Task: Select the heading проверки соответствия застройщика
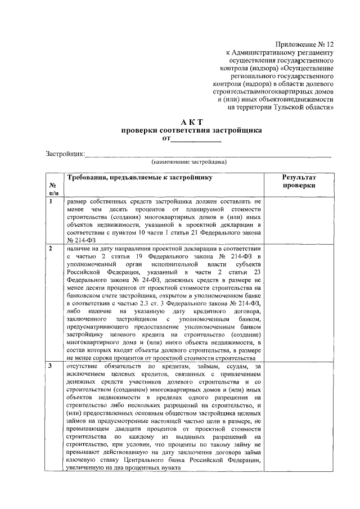pyautogui.click(x=192, y=130)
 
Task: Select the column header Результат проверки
pyautogui.click(x=299, y=181)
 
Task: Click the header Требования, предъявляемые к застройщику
pyautogui.click(x=139, y=177)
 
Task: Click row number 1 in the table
pyautogui.click(x=51, y=201)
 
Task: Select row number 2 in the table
pyautogui.click(x=51, y=248)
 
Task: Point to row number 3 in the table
pyautogui.click(x=51, y=366)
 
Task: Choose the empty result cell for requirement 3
pyautogui.click(x=299, y=419)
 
